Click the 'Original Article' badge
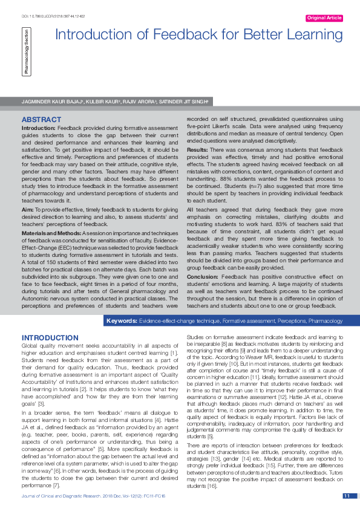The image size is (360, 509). (324, 18)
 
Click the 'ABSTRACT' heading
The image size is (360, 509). (41, 120)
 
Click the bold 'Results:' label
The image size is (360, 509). (197, 149)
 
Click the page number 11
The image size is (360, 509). (347, 496)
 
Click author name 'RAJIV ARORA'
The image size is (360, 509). (138, 102)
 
